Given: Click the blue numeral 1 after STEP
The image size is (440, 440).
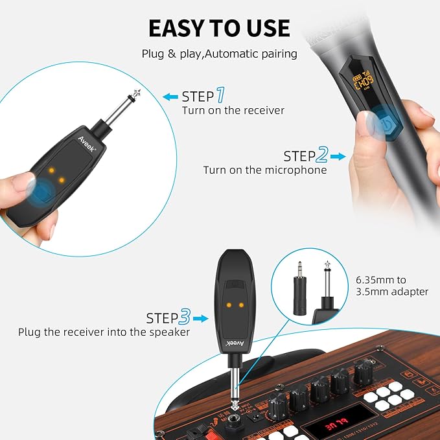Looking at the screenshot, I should (220, 96).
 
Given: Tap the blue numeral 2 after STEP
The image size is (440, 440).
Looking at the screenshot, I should (322, 155).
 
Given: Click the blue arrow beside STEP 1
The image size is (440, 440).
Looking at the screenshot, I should (170, 97).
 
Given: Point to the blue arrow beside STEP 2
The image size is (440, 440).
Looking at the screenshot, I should (339, 156).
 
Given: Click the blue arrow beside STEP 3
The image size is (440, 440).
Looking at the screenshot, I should (201, 318).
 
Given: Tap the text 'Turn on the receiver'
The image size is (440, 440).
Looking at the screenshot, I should (233, 111).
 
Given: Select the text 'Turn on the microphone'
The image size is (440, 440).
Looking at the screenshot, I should (265, 170).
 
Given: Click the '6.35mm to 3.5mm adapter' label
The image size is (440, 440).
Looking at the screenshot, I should (392, 286).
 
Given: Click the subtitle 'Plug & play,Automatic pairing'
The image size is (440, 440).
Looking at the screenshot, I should (219, 54).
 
